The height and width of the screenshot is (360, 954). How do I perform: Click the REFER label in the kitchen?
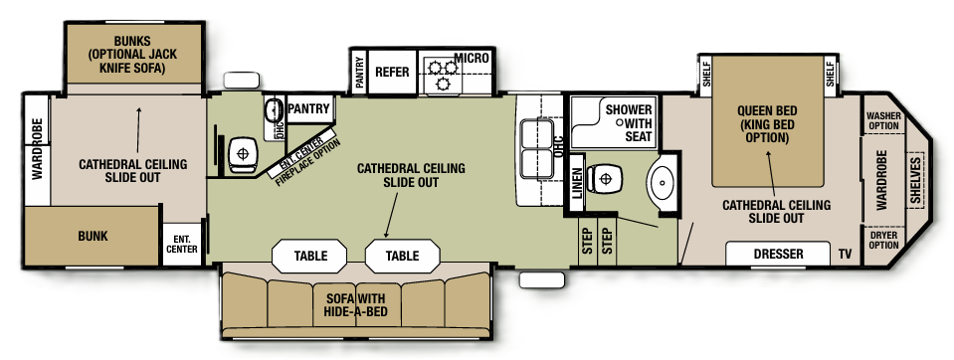click(393, 73)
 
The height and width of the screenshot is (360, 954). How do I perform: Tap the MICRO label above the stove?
click(472, 59)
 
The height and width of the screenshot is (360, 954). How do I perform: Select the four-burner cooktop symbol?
click(440, 73)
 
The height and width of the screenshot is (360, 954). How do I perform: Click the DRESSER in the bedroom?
click(778, 255)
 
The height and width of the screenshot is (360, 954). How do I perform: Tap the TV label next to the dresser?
click(845, 255)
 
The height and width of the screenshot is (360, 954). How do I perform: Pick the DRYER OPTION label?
click(883, 239)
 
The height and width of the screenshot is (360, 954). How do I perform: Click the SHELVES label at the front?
click(915, 179)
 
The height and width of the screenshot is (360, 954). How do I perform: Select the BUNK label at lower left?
click(92, 237)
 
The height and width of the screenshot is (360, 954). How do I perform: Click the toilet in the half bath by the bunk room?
click(239, 154)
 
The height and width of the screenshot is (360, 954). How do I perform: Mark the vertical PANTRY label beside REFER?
click(359, 73)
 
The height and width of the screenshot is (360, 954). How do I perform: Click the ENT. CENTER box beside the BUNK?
click(182, 243)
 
